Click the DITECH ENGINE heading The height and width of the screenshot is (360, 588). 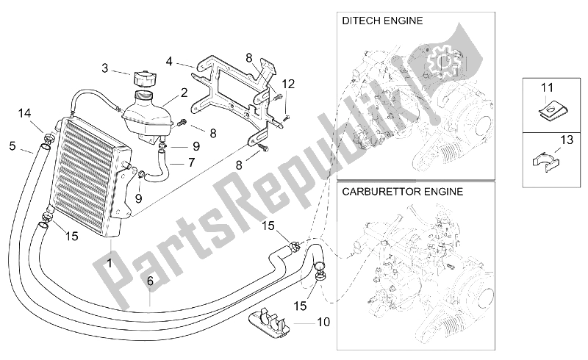coord(382,21)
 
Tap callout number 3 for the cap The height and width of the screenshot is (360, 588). coord(105,68)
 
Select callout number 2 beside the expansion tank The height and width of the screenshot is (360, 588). coord(184,93)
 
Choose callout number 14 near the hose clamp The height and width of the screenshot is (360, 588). coord(24,112)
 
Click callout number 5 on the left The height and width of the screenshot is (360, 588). coord(12,145)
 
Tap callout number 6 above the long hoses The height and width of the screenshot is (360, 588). coord(150,281)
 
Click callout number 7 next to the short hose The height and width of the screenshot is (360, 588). coord(190,162)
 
